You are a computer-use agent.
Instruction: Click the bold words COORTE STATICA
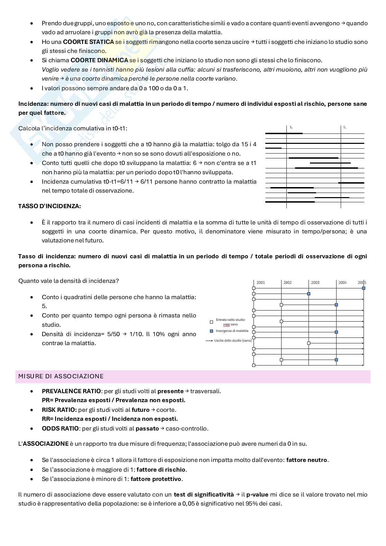[x=88, y=42]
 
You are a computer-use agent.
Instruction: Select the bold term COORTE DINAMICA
[x=99, y=60]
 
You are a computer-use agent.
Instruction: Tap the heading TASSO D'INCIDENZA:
[x=49, y=206]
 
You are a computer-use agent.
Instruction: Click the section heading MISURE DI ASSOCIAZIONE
[x=61, y=376]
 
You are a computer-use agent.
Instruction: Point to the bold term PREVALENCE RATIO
[x=71, y=391]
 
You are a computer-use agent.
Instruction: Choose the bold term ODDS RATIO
[x=60, y=428]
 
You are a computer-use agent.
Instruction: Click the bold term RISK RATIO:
[x=59, y=410]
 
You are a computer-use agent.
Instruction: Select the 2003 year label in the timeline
[x=315, y=283]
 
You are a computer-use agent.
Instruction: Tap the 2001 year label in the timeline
[x=260, y=283]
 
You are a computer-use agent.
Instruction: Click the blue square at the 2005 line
[x=364, y=288]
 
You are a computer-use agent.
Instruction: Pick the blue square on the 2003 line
[x=309, y=294]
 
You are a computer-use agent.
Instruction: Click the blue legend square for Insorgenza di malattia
[x=211, y=331]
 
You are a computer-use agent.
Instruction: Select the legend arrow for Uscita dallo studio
[x=209, y=341]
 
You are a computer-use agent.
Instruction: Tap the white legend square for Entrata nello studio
[x=211, y=322]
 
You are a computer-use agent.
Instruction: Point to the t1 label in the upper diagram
[x=344, y=128]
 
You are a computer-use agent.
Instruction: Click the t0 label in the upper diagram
[x=291, y=128]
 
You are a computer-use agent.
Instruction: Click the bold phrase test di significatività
[x=204, y=494]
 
